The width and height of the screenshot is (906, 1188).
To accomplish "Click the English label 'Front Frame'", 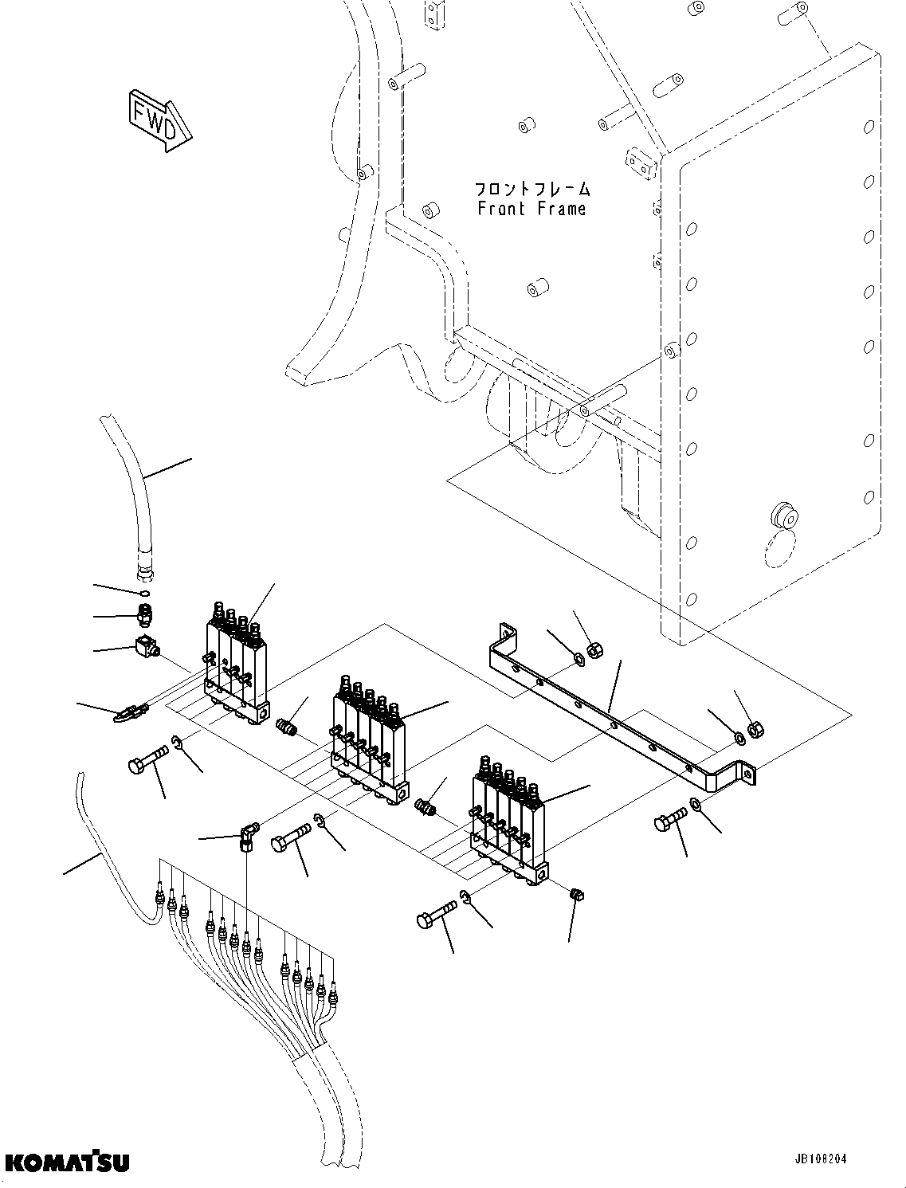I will (x=531, y=209).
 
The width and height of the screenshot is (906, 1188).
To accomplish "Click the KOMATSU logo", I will (x=66, y=1163).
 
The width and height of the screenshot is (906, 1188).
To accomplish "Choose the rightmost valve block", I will (x=510, y=821).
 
